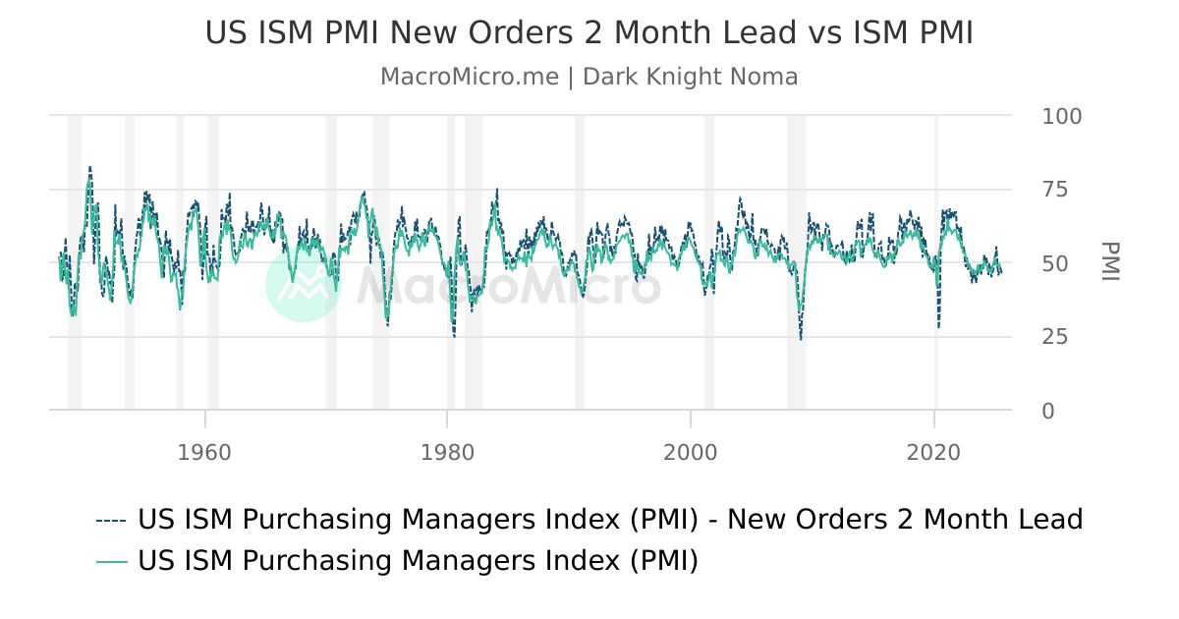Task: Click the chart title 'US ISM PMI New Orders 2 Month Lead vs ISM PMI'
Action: (589, 32)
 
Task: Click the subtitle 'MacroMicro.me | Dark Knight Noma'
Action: (589, 77)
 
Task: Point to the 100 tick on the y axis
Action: (1061, 116)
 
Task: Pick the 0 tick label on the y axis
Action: (1047, 411)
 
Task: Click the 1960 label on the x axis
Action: (204, 453)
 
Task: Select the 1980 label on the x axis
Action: (447, 453)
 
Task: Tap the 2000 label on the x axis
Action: (691, 453)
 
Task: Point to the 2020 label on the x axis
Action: (933, 453)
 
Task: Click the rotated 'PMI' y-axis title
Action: (1110, 261)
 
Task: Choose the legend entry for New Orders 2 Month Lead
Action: (609, 519)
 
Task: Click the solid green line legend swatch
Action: (111, 561)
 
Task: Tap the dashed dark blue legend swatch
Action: (111, 520)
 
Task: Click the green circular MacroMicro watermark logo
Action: (304, 283)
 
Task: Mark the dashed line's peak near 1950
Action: (89, 167)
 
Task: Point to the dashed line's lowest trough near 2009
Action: (801, 340)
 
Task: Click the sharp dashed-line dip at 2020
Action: (938, 326)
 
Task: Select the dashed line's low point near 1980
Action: (454, 337)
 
